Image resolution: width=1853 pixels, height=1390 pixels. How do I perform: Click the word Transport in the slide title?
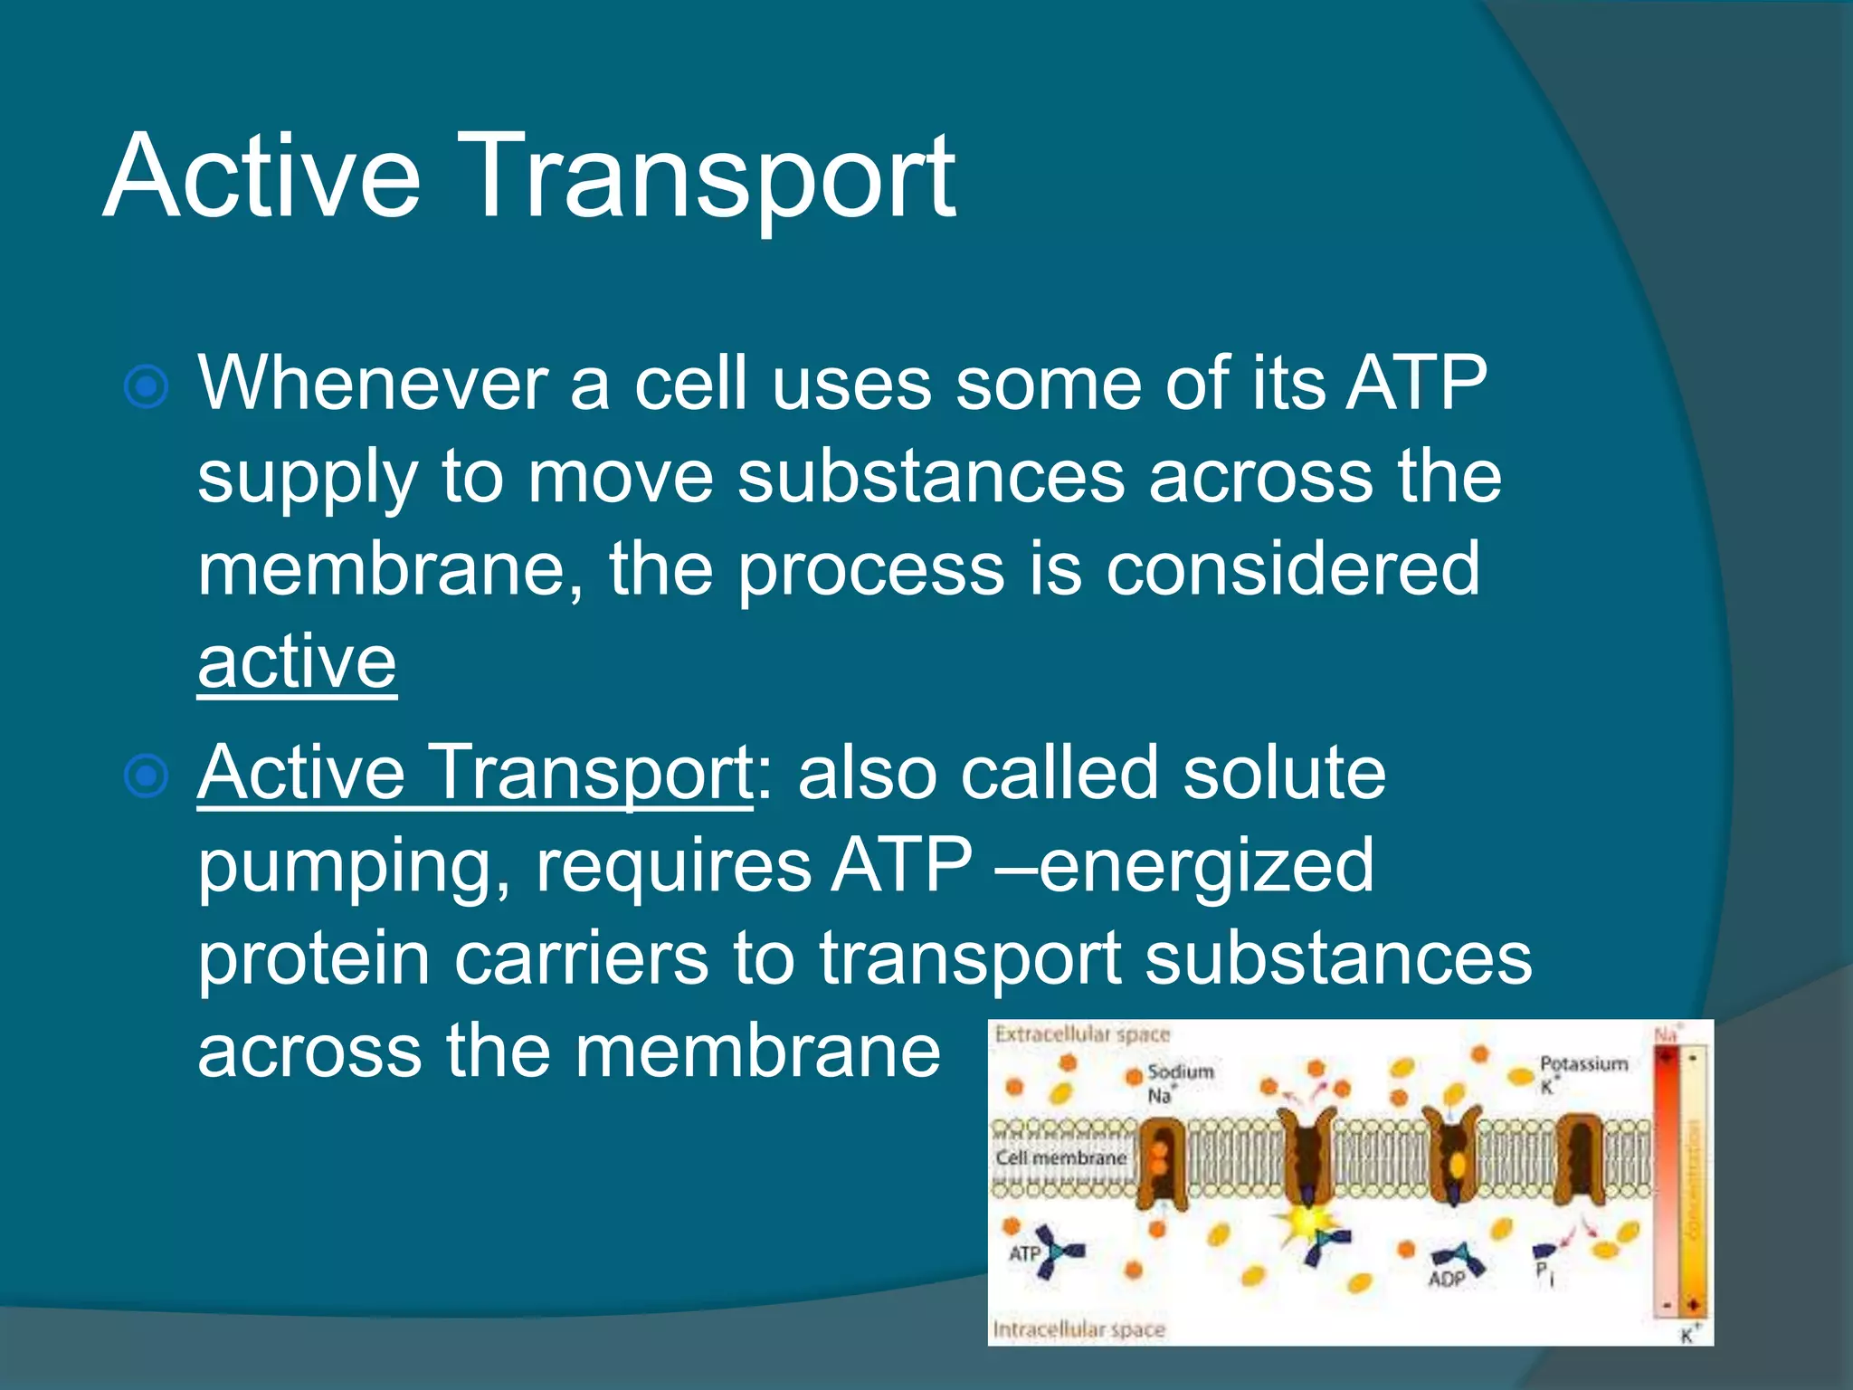pyautogui.click(x=710, y=176)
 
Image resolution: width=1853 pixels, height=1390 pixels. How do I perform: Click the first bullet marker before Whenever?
pyautogui.click(x=146, y=387)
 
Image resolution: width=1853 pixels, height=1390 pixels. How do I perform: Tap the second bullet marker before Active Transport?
pyautogui.click(x=146, y=776)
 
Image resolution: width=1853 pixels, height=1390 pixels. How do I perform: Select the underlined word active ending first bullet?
pyautogui.click(x=297, y=662)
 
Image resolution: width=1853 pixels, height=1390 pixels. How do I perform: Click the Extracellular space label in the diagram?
pyautogui.click(x=1082, y=1034)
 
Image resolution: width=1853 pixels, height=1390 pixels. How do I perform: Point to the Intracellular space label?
pyautogui.click(x=1079, y=1329)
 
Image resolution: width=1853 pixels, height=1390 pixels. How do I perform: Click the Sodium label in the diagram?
pyautogui.click(x=1180, y=1072)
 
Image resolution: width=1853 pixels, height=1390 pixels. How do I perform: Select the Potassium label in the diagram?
pyautogui.click(x=1583, y=1064)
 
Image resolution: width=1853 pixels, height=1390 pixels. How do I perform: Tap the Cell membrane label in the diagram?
pyautogui.click(x=1060, y=1158)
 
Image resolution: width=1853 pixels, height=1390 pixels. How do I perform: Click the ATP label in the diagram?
pyautogui.click(x=1024, y=1254)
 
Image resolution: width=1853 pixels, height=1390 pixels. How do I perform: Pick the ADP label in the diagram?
pyautogui.click(x=1446, y=1279)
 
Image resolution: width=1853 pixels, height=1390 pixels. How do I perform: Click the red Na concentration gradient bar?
pyautogui.click(x=1667, y=1176)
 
